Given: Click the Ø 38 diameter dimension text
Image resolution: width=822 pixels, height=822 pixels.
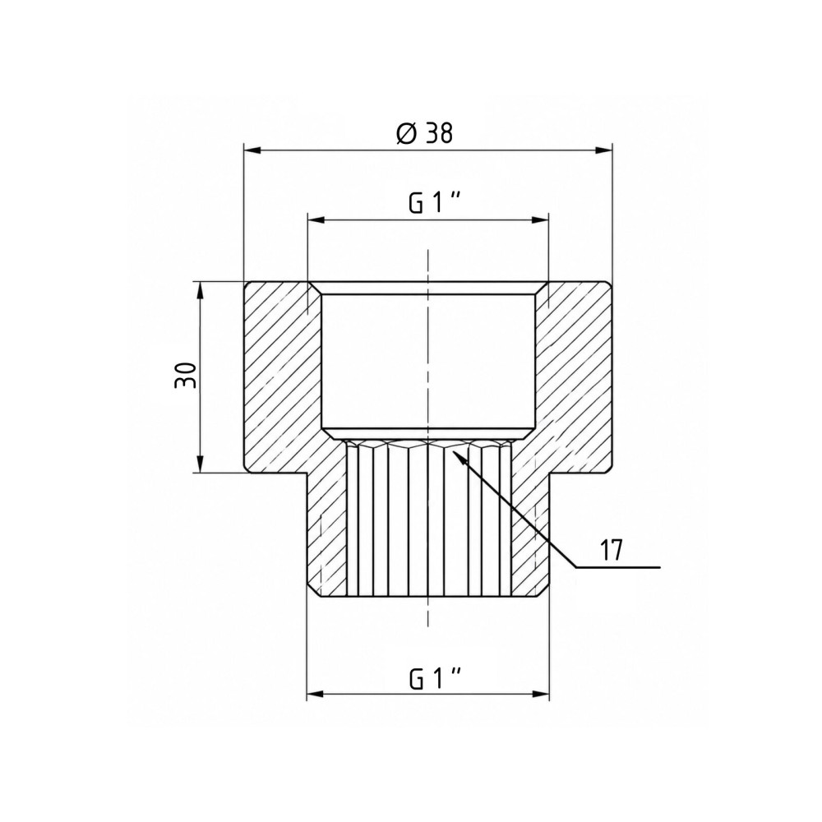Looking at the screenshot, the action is point(425,134).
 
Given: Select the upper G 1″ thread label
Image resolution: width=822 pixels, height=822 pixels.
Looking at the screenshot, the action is point(435,203).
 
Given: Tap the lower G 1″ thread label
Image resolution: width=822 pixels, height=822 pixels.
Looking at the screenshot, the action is point(435,679).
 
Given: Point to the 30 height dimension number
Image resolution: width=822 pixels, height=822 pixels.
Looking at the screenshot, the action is point(186,376).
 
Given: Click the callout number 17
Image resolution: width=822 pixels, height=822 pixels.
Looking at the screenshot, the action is point(611,551).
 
